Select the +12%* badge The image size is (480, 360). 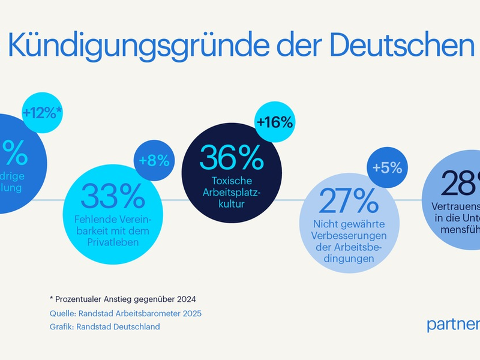click(x=43, y=112)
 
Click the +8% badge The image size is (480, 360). click(x=154, y=161)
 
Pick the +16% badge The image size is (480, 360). click(x=274, y=122)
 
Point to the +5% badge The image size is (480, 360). click(x=387, y=167)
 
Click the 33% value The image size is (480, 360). click(x=113, y=196)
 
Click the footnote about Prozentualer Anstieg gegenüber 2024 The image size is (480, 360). click(x=124, y=298)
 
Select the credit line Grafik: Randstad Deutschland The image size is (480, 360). click(x=105, y=326)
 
